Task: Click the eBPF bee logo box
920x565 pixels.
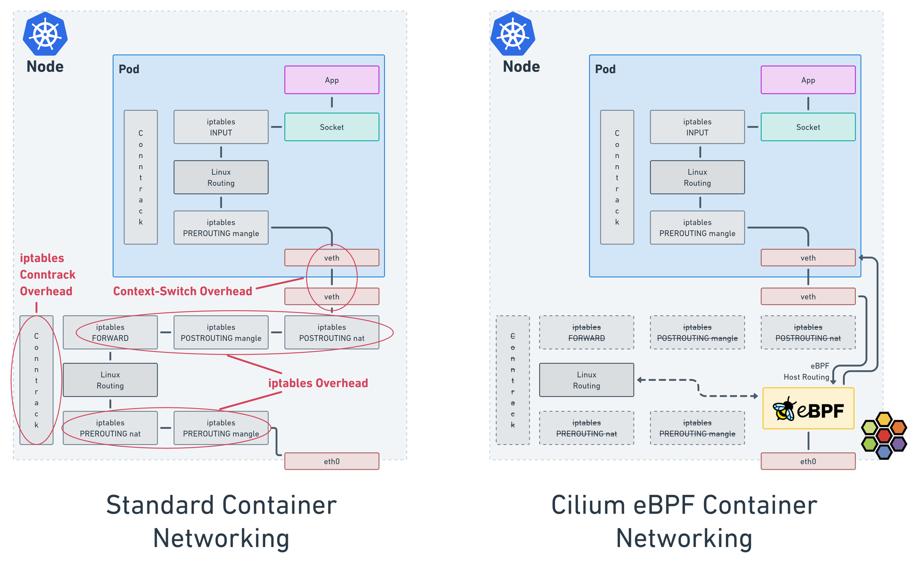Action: [x=808, y=408]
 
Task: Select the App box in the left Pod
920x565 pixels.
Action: [x=332, y=80]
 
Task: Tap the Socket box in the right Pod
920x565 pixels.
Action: [x=808, y=127]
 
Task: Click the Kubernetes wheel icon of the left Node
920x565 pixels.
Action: [x=45, y=34]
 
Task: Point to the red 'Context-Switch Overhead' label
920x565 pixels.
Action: [x=183, y=291]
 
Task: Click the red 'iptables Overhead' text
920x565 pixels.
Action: [x=318, y=383]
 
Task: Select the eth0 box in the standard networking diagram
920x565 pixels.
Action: [x=332, y=461]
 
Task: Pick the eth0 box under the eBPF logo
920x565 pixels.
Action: [x=808, y=461]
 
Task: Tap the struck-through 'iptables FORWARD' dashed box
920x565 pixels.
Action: [x=586, y=332]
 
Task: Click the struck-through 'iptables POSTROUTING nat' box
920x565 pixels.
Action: [x=808, y=332]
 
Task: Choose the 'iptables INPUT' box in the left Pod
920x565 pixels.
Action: [x=221, y=127]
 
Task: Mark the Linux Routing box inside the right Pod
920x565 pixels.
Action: [x=697, y=177]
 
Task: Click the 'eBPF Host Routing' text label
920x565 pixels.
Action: [x=807, y=371]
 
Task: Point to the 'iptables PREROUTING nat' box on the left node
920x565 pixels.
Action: [x=110, y=428]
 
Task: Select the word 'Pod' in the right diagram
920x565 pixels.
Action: [x=605, y=69]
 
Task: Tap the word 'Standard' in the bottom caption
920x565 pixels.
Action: [x=160, y=505]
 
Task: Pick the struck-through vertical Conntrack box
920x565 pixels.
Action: [x=512, y=380]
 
